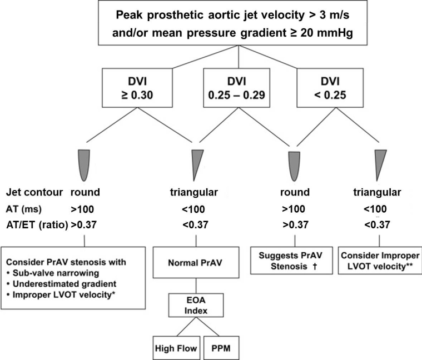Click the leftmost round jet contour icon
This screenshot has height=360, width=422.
coord(83,165)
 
